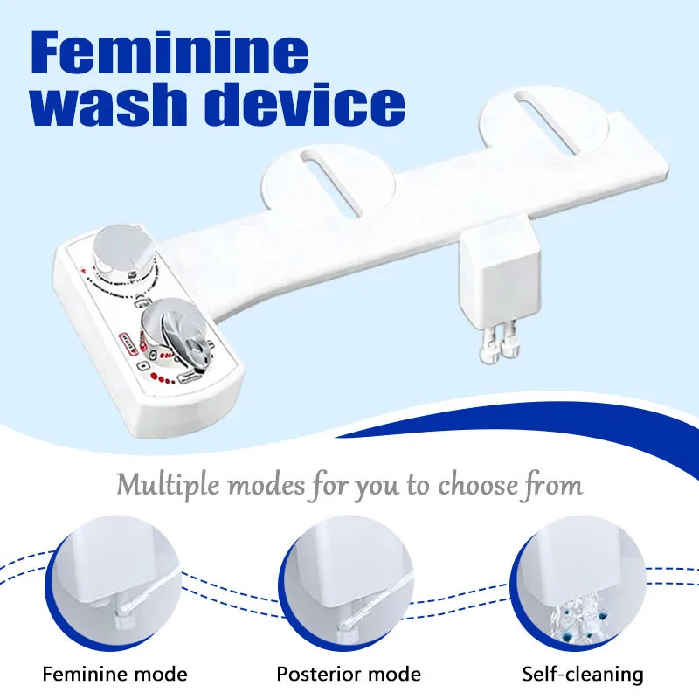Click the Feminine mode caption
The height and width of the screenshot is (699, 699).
[115, 674]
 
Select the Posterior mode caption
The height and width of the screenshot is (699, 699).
[349, 674]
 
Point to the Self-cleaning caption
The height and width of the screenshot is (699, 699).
[582, 674]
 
